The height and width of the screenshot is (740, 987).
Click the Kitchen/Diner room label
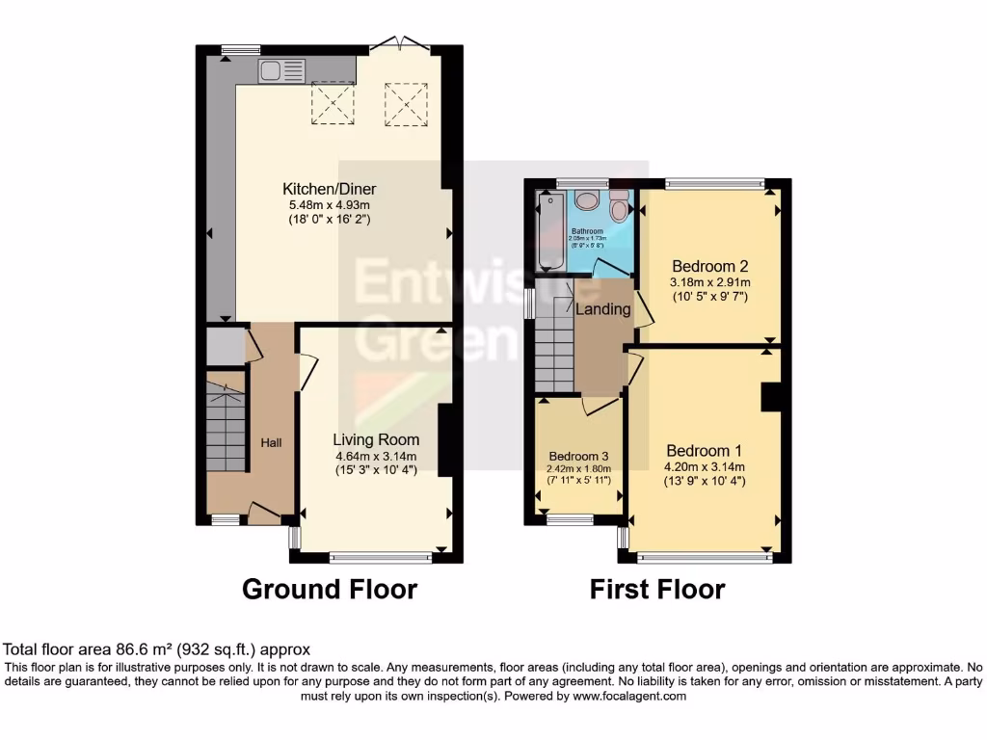[x=329, y=189]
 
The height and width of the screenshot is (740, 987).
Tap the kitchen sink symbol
[x=281, y=70]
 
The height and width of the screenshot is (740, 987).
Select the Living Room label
[x=376, y=439]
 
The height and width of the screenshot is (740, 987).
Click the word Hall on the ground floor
[x=272, y=442]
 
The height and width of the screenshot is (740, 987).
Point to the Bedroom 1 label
[x=704, y=451]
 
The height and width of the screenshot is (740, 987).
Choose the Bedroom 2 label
[x=710, y=266]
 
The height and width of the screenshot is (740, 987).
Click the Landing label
[x=602, y=309]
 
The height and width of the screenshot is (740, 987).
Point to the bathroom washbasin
[x=586, y=200]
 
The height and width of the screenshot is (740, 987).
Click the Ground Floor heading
[x=329, y=589]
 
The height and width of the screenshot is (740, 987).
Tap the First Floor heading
[x=657, y=589]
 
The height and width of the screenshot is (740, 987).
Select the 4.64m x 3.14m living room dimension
[x=376, y=456]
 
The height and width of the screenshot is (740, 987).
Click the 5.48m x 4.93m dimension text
[x=329, y=205]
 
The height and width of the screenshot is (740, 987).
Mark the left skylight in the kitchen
[x=333, y=102]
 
